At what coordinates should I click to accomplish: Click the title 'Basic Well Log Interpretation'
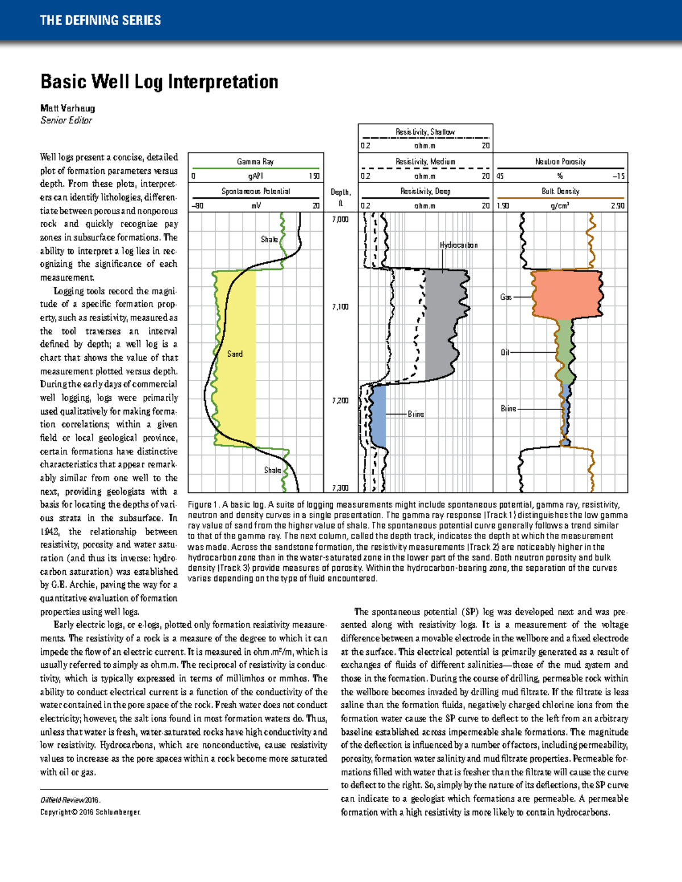pyautogui.click(x=159, y=82)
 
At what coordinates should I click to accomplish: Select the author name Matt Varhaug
pyautogui.click(x=68, y=108)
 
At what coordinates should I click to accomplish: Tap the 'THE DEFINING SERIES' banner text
pyautogui.click(x=100, y=20)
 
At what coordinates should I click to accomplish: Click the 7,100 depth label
pyautogui.click(x=340, y=307)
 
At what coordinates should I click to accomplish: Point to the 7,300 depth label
pyautogui.click(x=340, y=488)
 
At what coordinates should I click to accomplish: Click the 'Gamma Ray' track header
pyautogui.click(x=255, y=161)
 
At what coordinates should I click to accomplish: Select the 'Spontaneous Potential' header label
pyautogui.click(x=255, y=191)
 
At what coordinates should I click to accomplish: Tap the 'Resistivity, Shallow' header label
pyautogui.click(x=425, y=132)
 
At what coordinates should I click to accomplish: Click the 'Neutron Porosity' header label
pyautogui.click(x=560, y=161)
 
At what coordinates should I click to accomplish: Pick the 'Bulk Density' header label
pyautogui.click(x=560, y=191)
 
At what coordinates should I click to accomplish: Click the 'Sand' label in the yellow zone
pyautogui.click(x=235, y=354)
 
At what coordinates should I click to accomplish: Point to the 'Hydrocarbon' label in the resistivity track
pyautogui.click(x=458, y=245)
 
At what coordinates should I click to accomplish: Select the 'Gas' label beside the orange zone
pyautogui.click(x=505, y=297)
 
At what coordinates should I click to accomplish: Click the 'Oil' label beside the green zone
pyautogui.click(x=505, y=352)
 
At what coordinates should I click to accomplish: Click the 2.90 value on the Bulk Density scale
pyautogui.click(x=617, y=206)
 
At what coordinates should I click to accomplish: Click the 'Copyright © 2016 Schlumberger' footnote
pyautogui.click(x=90, y=812)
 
